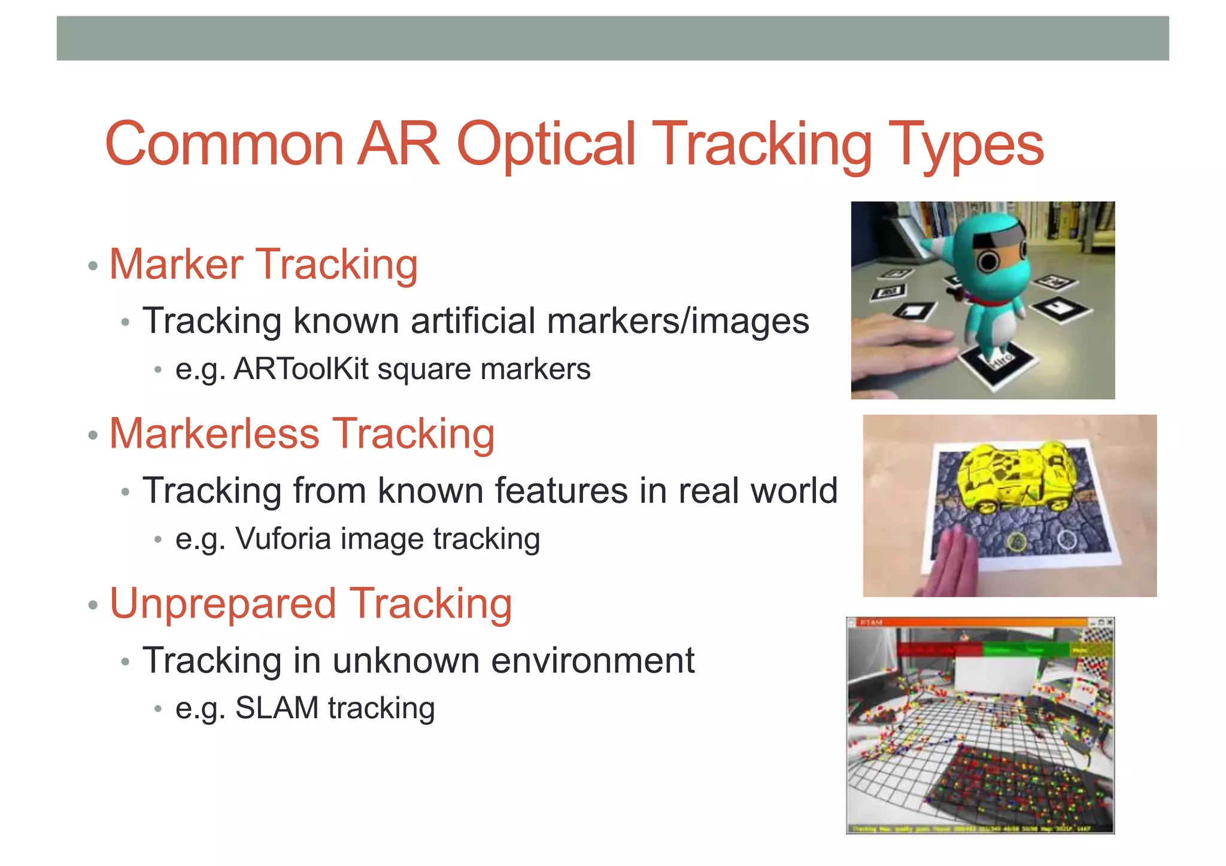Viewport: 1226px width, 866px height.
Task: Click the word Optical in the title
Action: (545, 144)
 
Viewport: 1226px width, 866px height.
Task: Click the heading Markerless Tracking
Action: (302, 433)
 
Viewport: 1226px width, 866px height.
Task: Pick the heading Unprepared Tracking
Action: (311, 603)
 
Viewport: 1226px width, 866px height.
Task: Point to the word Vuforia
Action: (283, 538)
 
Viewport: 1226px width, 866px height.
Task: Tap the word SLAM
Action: (277, 708)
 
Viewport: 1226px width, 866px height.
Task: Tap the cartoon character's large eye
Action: (988, 261)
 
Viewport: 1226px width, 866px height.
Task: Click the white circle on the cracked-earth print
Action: (1067, 540)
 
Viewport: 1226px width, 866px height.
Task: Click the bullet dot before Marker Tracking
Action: (92, 266)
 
